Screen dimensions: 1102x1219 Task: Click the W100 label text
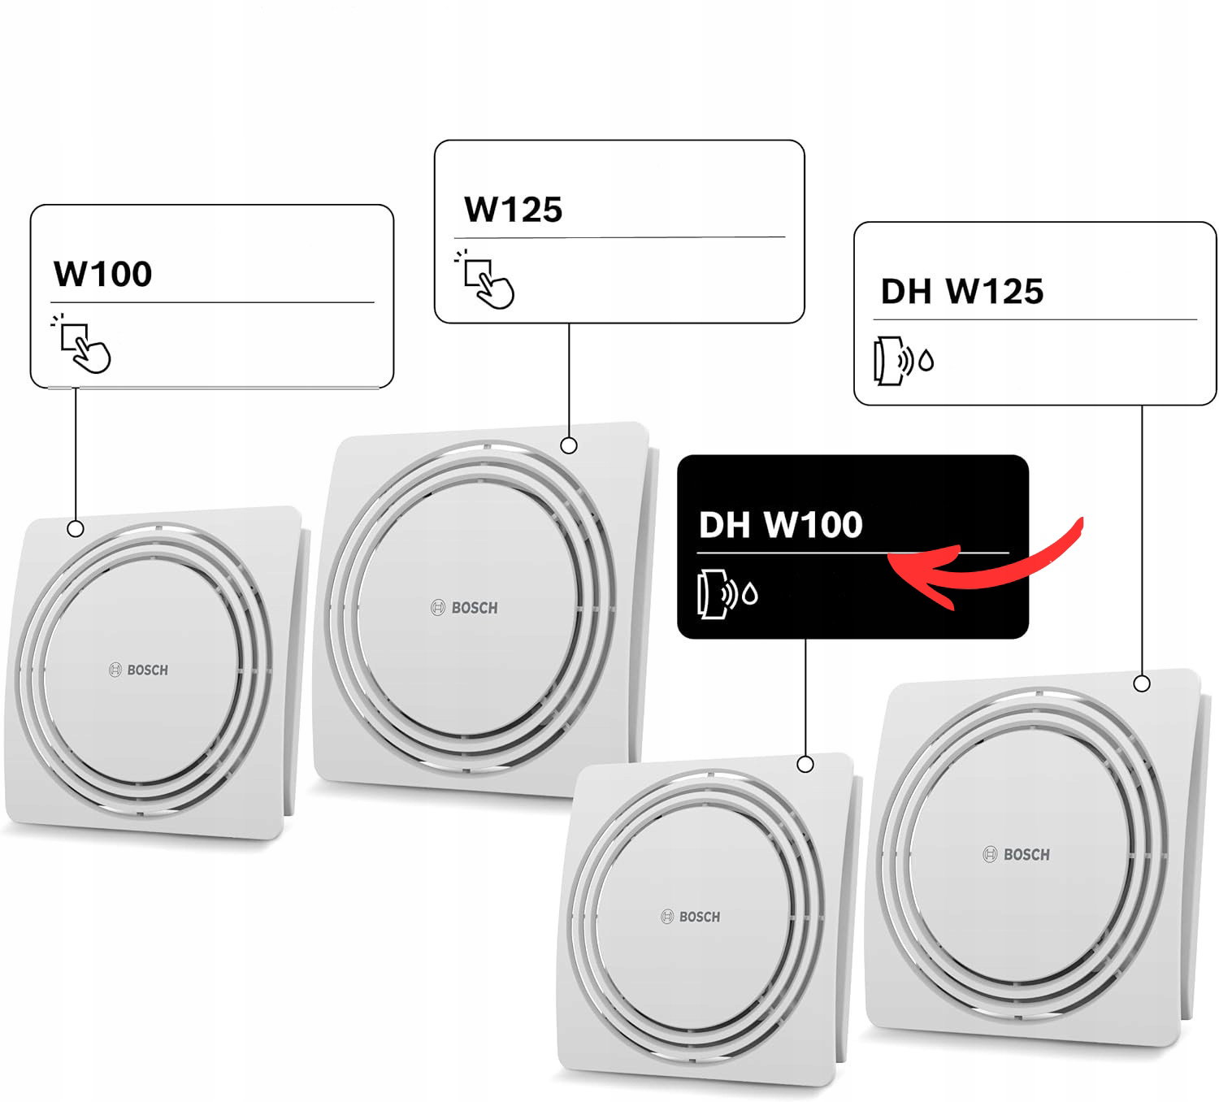(x=102, y=274)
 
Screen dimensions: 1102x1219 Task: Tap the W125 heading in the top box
(x=513, y=210)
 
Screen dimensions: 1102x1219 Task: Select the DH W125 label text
(x=961, y=292)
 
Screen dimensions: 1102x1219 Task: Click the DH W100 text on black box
(x=780, y=525)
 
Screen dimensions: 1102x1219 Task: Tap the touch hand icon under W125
(x=486, y=280)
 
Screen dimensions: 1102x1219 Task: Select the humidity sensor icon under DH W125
(x=903, y=361)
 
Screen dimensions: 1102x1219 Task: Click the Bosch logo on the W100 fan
(x=139, y=670)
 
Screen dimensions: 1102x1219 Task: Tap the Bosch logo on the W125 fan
(x=464, y=608)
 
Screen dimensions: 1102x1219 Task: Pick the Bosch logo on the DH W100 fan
(x=690, y=917)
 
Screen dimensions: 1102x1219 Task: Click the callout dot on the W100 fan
(x=76, y=529)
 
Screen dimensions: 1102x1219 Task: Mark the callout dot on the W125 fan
(x=569, y=445)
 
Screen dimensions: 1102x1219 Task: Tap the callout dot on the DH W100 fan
(x=805, y=764)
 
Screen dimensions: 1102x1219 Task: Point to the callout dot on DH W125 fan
(x=1142, y=683)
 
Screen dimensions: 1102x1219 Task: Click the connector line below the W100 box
(x=76, y=455)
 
